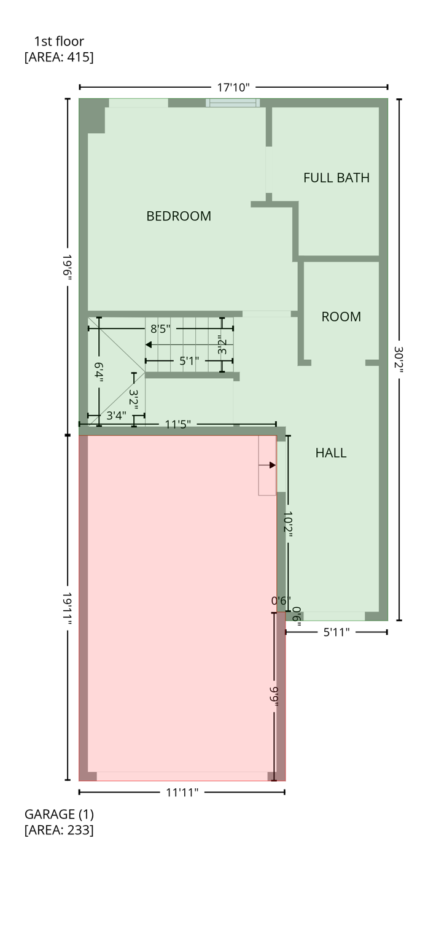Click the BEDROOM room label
[x=179, y=216]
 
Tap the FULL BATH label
[x=336, y=178]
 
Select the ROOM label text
[x=341, y=317]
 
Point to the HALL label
[x=331, y=453]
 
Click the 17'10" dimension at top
[x=233, y=87]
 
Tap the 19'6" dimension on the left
[x=67, y=267]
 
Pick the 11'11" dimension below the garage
[x=182, y=793]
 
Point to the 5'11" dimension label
[x=336, y=632]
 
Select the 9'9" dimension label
[x=274, y=696]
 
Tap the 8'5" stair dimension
[x=160, y=328]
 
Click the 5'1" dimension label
[x=189, y=361]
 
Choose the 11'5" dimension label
[x=178, y=424]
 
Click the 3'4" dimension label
[x=116, y=416]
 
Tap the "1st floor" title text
[x=59, y=42]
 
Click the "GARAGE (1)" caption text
[x=59, y=815]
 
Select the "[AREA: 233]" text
[x=59, y=831]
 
